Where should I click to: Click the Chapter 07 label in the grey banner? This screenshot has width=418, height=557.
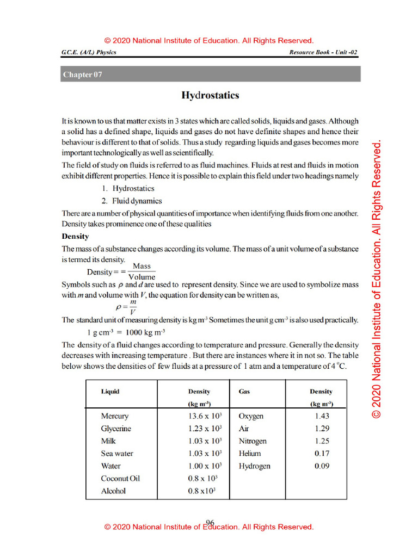[82, 75]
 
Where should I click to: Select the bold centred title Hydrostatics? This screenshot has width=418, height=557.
[210, 96]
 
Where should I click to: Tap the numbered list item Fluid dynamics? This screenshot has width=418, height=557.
[137, 201]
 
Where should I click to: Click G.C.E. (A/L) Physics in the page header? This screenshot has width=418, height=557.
[89, 52]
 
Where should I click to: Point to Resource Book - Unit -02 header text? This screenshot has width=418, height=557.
[324, 52]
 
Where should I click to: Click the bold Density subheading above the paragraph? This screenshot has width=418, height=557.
[75, 237]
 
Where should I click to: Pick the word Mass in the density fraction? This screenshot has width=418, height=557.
[142, 266]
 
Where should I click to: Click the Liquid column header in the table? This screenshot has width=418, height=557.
[110, 391]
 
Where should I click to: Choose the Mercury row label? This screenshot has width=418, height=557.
[115, 416]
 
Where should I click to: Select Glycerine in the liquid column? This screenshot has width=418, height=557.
[116, 429]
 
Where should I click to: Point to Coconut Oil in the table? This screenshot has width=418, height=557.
[120, 479]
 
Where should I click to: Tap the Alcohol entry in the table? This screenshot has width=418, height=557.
[113, 491]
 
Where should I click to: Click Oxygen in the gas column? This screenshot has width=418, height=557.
[251, 416]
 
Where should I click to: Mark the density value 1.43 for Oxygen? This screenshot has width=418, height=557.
[322, 416]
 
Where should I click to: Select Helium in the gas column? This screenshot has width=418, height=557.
[250, 454]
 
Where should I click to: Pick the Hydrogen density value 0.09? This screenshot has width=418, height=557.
[322, 466]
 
